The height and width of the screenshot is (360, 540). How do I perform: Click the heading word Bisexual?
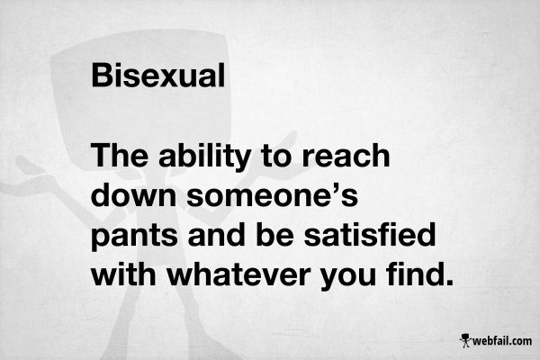pyautogui.click(x=158, y=75)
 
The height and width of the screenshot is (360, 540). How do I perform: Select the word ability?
pyautogui.click(x=204, y=158)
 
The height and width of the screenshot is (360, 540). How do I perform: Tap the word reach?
pyautogui.click(x=346, y=156)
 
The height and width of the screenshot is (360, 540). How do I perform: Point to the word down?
pyautogui.click(x=133, y=194)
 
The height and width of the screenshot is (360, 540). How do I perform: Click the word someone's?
pyautogui.click(x=273, y=195)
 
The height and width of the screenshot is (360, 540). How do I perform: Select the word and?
pyautogui.click(x=217, y=234)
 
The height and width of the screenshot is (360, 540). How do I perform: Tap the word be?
pyautogui.click(x=274, y=234)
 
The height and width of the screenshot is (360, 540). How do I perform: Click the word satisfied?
pyautogui.click(x=370, y=234)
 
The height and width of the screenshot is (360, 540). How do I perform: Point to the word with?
pyautogui.click(x=123, y=274)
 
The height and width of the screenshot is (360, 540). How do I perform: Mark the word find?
pyautogui.click(x=414, y=274)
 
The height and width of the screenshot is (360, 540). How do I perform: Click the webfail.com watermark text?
pyautogui.click(x=502, y=341)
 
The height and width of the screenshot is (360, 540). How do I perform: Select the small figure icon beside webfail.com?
pyautogui.click(x=465, y=340)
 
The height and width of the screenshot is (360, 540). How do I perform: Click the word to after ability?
pyautogui.click(x=277, y=157)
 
